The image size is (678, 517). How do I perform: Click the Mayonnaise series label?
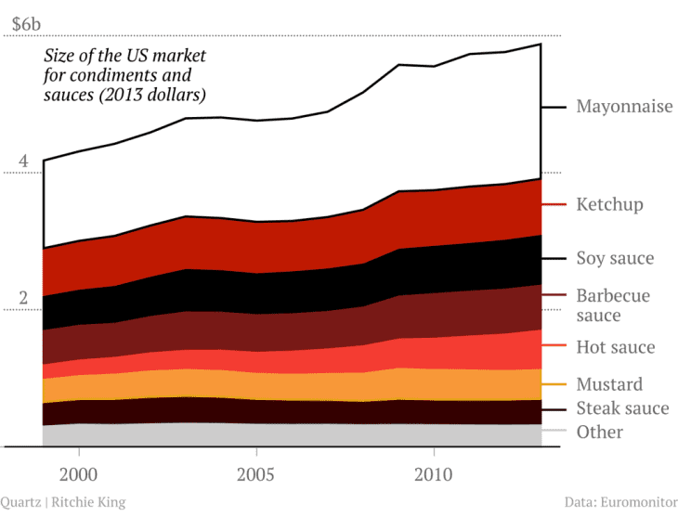pyautogui.click(x=624, y=107)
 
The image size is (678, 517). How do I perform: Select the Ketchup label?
pyautogui.click(x=609, y=204)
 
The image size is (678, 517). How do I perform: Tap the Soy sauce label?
pyautogui.click(x=615, y=258)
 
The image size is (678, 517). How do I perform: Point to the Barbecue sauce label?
pyautogui.click(x=613, y=305)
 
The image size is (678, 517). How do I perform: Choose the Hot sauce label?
pyautogui.click(x=616, y=347)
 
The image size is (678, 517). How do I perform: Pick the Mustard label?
pyautogui.click(x=609, y=384)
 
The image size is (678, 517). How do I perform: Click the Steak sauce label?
pyautogui.click(x=622, y=408)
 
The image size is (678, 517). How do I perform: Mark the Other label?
pyautogui.click(x=600, y=432)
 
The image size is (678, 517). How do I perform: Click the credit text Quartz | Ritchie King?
pyautogui.click(x=62, y=502)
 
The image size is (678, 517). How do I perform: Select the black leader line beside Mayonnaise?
pyautogui.click(x=554, y=107)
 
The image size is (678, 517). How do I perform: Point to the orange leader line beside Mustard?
pyautogui.click(x=554, y=383)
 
